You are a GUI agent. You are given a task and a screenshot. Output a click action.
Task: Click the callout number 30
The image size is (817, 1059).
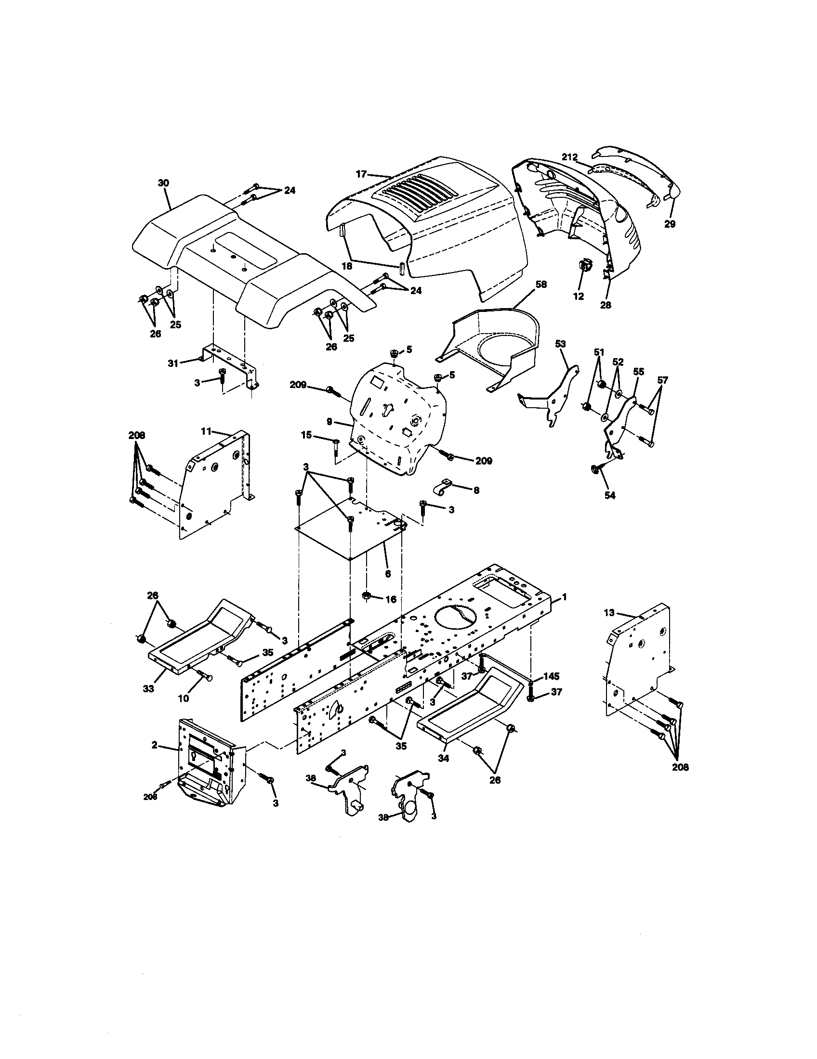tap(163, 183)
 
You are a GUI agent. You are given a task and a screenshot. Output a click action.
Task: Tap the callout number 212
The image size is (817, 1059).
tap(569, 157)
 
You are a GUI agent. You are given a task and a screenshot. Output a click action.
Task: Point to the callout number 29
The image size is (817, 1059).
tap(670, 224)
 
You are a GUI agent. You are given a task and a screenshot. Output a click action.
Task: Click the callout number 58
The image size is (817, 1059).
tap(541, 284)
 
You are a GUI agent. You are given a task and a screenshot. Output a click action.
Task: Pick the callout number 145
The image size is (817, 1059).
tap(551, 676)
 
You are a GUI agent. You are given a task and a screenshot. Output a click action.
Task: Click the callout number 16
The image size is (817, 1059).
tap(391, 599)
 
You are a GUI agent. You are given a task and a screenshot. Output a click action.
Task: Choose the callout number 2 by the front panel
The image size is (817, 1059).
tap(154, 745)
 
